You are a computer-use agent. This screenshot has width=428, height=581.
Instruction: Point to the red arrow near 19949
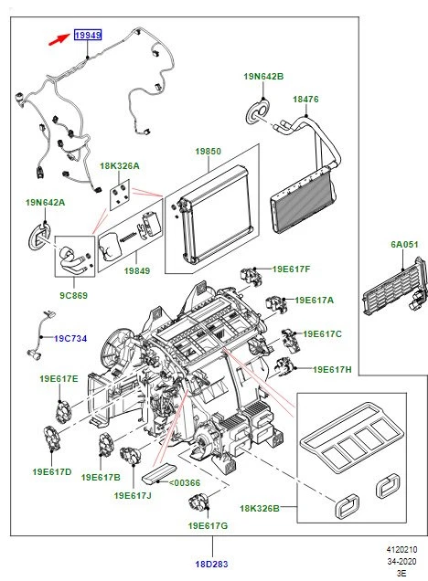(62, 37)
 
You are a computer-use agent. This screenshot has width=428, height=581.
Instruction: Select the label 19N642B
(263, 77)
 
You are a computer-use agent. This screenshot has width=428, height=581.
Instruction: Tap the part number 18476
(305, 98)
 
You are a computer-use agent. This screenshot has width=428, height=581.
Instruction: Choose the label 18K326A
(120, 167)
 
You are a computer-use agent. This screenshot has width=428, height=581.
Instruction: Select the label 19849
(137, 270)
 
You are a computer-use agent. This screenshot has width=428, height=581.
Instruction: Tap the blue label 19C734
(70, 338)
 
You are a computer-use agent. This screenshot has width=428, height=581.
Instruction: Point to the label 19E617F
(291, 269)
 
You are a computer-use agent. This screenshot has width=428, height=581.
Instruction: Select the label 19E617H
(332, 370)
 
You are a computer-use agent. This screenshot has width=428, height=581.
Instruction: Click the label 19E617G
(209, 527)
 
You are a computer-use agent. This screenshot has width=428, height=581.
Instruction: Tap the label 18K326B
(261, 507)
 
